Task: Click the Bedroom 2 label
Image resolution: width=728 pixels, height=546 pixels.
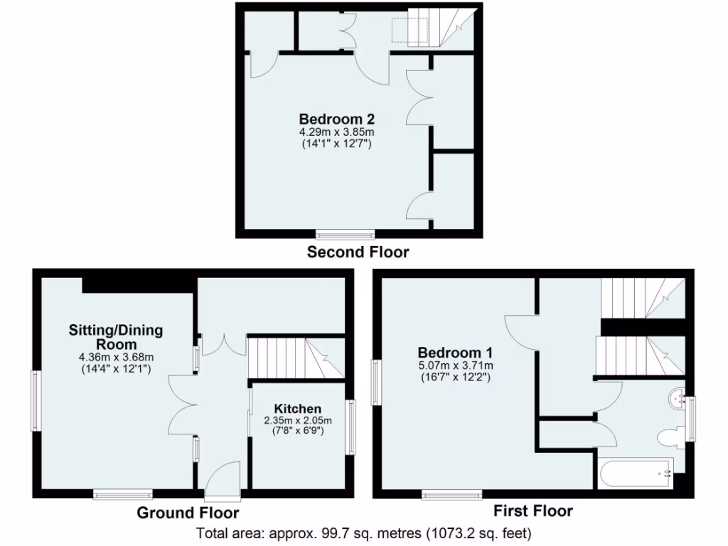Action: click(336, 119)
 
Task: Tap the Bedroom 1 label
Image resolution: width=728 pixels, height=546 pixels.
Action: click(455, 353)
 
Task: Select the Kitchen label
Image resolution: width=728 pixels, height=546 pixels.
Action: click(298, 409)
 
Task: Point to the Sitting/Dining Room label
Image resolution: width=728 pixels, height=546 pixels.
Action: click(116, 337)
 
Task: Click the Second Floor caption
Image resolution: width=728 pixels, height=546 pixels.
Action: click(358, 252)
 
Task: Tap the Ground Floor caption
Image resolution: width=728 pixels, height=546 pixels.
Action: click(188, 513)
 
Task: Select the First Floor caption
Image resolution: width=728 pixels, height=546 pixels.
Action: click(533, 510)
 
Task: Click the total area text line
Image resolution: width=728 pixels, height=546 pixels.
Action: click(363, 532)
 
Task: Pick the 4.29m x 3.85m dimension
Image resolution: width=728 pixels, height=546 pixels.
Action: click(336, 132)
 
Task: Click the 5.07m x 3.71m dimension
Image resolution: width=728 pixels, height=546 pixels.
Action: click(455, 365)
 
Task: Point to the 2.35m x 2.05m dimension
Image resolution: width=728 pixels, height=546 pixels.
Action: click(298, 420)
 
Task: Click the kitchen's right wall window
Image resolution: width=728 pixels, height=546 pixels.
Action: click(350, 427)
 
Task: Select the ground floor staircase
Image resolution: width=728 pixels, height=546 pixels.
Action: click(294, 358)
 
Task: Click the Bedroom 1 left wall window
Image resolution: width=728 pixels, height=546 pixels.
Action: click(376, 385)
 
